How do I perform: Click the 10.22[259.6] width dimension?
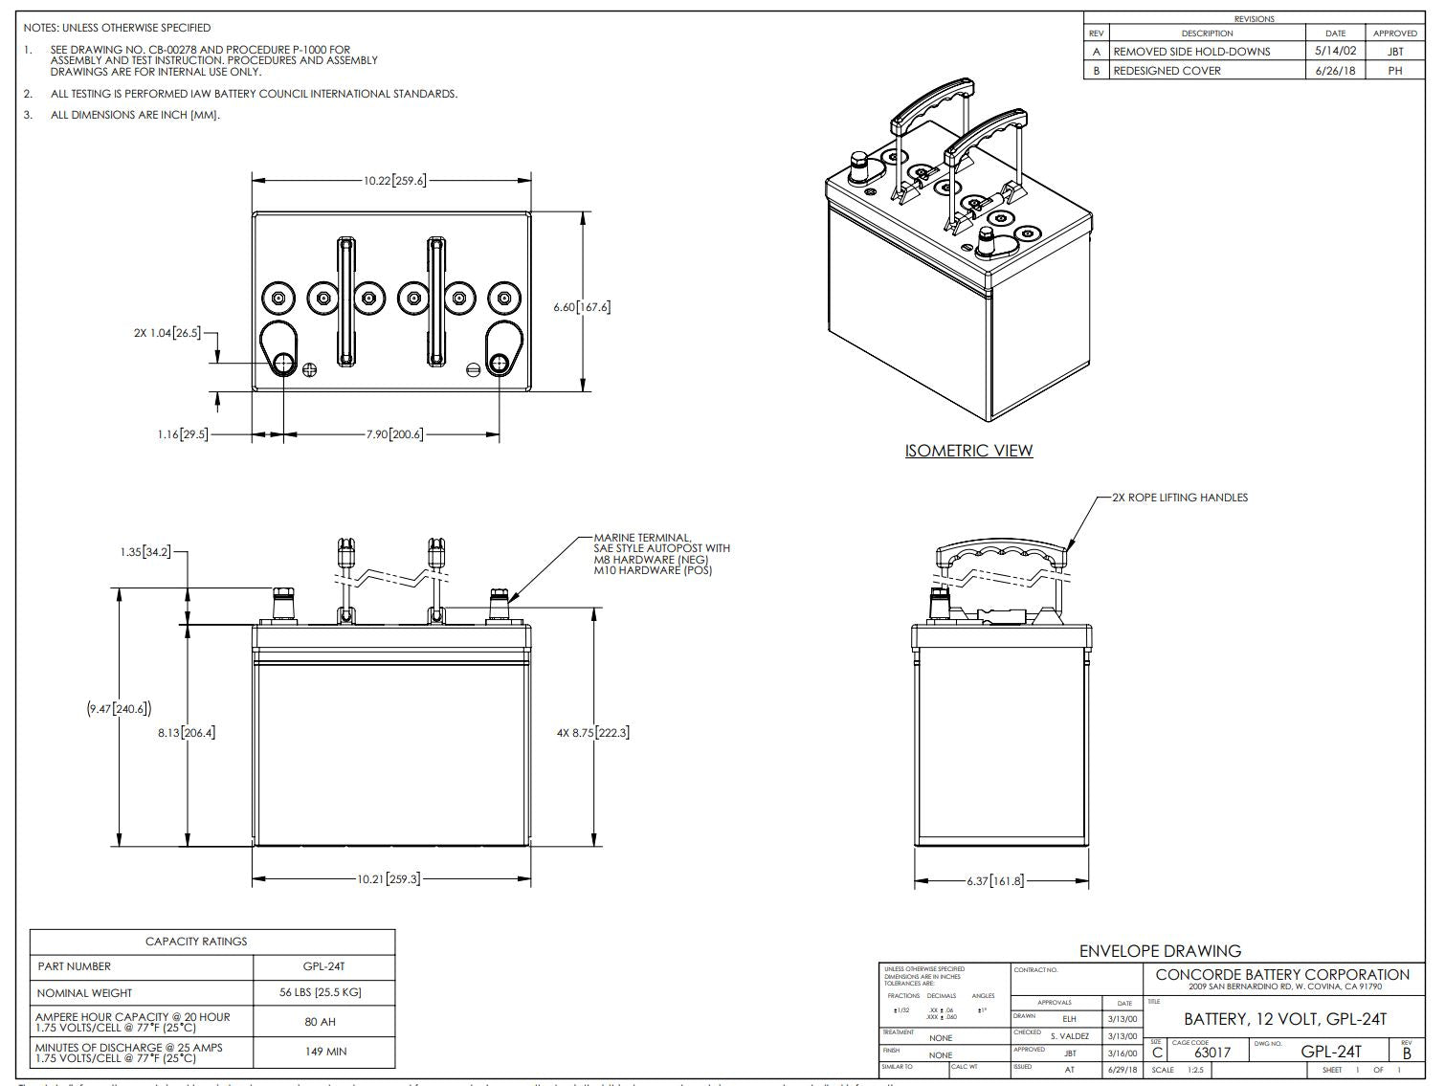coord(393,180)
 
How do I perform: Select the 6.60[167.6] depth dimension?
coord(582,307)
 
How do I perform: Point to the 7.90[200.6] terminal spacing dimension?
coord(393,434)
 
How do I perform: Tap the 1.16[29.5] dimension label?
coord(182,435)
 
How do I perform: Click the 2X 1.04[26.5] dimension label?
coord(167,333)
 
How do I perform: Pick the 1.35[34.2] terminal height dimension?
coord(145,552)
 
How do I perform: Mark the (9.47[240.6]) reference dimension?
coord(119,709)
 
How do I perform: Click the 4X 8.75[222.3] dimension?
coord(592,733)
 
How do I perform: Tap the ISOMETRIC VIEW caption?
coord(968,451)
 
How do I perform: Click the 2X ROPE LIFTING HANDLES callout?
coord(1179,498)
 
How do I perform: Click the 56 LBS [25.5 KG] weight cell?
coord(320,992)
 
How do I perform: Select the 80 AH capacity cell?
coord(320,1022)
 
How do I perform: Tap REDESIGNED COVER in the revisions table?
coord(1167,71)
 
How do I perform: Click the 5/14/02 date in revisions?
coord(1336,52)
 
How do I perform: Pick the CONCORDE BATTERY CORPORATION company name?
coord(1282,974)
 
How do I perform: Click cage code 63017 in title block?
coord(1212,1053)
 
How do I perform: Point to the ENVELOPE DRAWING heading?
coord(1160,951)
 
